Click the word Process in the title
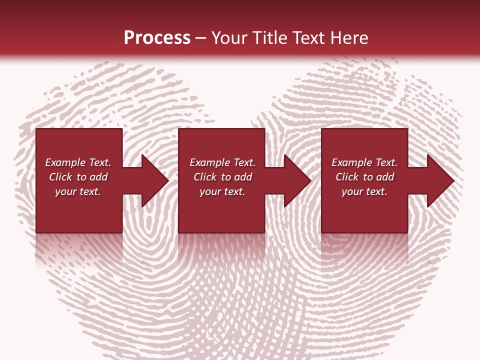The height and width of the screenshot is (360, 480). click(x=157, y=38)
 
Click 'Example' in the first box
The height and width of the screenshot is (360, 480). click(x=65, y=162)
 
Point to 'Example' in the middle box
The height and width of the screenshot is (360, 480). click(x=209, y=162)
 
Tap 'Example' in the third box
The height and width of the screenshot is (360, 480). click(x=351, y=162)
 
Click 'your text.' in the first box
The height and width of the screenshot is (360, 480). click(x=78, y=191)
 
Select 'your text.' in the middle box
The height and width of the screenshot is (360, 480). click(x=222, y=191)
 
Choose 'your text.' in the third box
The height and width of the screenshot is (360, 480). click(x=364, y=191)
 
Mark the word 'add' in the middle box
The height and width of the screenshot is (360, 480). click(x=243, y=177)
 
